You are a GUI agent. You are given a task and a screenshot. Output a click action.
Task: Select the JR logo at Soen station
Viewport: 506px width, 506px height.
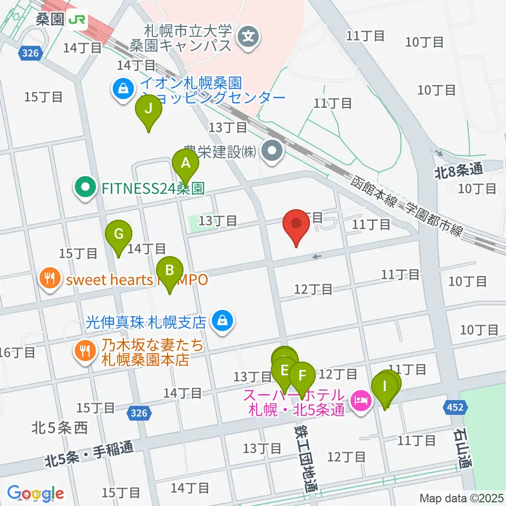click(x=77, y=20)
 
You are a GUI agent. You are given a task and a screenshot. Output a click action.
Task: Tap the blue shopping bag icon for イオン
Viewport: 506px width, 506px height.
click(x=123, y=89)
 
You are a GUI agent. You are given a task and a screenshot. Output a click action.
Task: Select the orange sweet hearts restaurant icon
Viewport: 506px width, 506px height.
click(x=50, y=279)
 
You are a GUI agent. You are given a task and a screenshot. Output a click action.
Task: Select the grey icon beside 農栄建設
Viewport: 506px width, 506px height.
click(x=273, y=152)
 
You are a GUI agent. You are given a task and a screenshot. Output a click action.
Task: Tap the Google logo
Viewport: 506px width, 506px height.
click(x=35, y=493)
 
